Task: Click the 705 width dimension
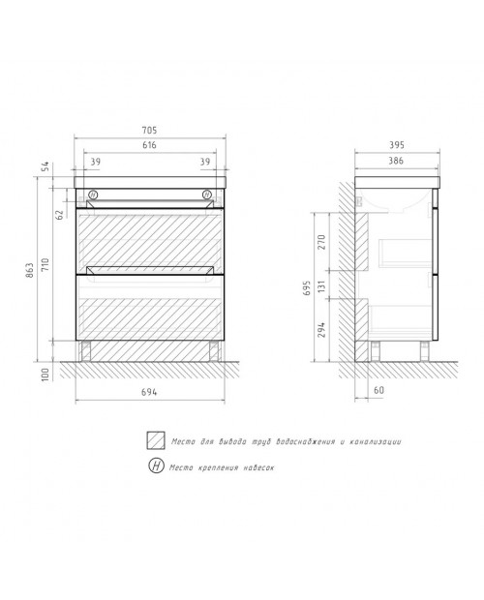[x=149, y=131]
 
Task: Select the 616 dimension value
[x=149, y=145]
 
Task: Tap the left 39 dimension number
[x=95, y=162]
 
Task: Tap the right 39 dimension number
[x=205, y=162]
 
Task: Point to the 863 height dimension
[x=30, y=270]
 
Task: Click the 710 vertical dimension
[x=45, y=265]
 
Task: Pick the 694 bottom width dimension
[x=149, y=392]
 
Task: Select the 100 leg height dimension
[x=45, y=375]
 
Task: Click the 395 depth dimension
[x=397, y=145]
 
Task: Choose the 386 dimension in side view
[x=396, y=161]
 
